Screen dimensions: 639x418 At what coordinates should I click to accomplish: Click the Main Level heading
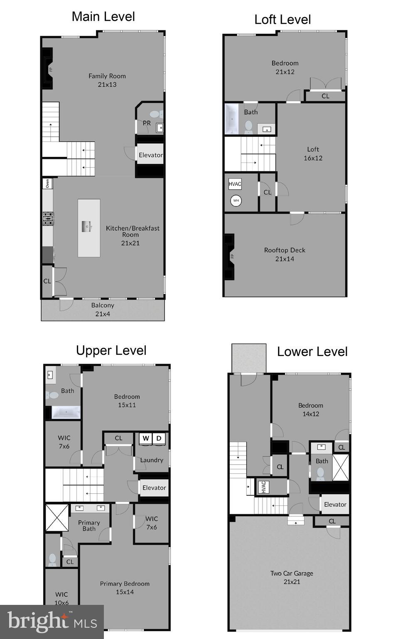pyautogui.click(x=103, y=17)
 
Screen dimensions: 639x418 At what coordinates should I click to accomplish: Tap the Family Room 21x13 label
pyautogui.click(x=107, y=80)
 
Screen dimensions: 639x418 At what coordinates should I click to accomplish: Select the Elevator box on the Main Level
pyautogui.click(x=150, y=155)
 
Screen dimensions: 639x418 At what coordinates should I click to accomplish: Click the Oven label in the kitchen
pyautogui.click(x=47, y=183)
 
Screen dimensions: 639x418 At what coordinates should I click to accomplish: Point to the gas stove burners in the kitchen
pyautogui.click(x=48, y=218)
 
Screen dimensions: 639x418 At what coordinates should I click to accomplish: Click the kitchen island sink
pyautogui.click(x=87, y=227)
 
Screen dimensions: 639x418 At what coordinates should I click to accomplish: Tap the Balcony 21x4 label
pyautogui.click(x=103, y=310)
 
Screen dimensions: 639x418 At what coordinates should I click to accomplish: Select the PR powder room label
pyautogui.click(x=147, y=123)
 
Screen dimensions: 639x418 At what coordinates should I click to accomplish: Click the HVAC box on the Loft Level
pyautogui.click(x=235, y=184)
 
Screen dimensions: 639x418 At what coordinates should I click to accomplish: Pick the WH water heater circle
pyautogui.click(x=236, y=201)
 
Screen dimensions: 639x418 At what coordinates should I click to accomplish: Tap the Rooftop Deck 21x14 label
pyautogui.click(x=285, y=254)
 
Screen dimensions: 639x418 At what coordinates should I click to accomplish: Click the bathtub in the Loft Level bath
pyautogui.click(x=231, y=119)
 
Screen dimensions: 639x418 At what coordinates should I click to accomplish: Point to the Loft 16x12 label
pyautogui.click(x=313, y=154)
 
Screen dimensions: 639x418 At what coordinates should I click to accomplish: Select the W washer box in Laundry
pyautogui.click(x=145, y=438)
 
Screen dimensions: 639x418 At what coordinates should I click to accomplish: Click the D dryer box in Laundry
pyautogui.click(x=159, y=438)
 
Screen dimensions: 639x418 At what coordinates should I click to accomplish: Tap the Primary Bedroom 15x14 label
pyautogui.click(x=125, y=587)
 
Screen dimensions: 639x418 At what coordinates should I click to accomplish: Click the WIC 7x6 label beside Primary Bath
pyautogui.click(x=152, y=523)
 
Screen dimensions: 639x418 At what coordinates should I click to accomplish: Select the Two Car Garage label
pyautogui.click(x=292, y=577)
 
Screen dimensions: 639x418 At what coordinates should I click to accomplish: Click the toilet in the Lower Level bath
pyautogui.click(x=320, y=473)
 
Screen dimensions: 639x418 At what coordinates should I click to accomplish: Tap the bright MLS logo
pyautogui.click(x=52, y=622)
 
